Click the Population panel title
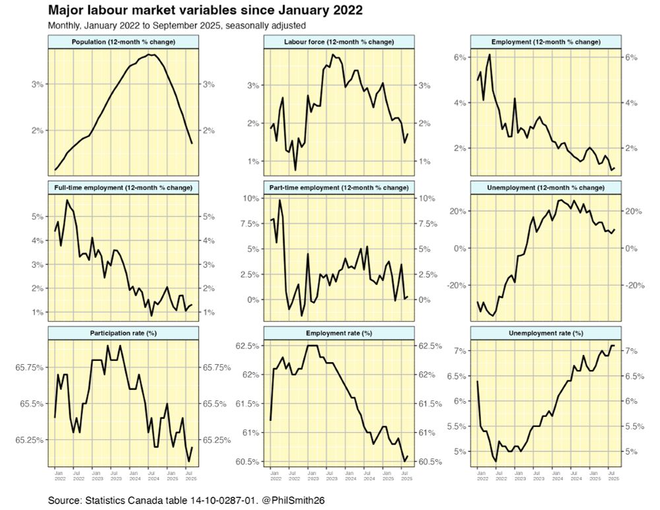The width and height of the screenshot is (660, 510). tap(123, 42)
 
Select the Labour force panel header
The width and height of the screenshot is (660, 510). tap(339, 42)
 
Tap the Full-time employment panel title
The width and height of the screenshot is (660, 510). tap(123, 187)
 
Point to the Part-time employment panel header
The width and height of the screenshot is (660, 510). tap(339, 187)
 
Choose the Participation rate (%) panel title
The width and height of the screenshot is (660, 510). tap(123, 333)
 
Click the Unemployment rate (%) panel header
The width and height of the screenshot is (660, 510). tap(545, 333)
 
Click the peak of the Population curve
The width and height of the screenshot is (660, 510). tap(151, 55)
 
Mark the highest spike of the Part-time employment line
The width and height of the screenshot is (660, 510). tap(280, 200)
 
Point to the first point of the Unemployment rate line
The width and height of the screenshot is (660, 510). tap(477, 381)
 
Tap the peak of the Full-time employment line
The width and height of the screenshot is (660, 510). tap(67, 200)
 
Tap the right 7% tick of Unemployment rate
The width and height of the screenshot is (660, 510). tap(629, 351)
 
